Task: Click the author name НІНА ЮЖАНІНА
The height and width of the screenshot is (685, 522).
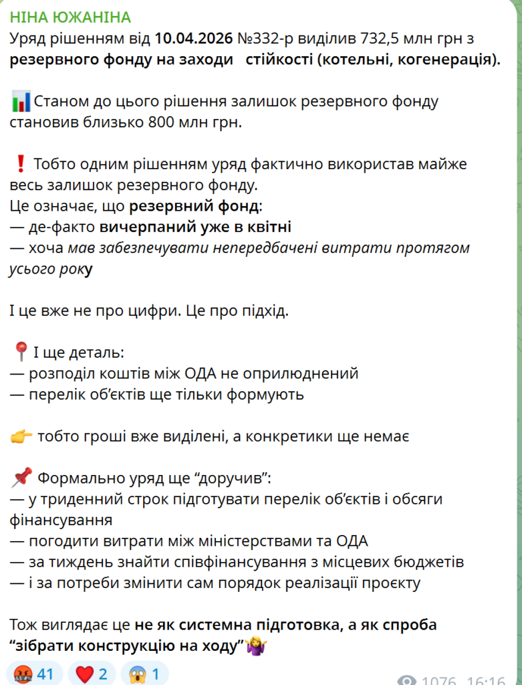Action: point(70,17)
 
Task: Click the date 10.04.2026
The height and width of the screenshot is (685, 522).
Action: point(194,39)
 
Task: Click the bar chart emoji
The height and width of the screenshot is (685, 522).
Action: point(21,102)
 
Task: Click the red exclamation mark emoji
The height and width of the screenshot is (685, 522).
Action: point(20,164)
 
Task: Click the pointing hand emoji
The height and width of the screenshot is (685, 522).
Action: point(21,436)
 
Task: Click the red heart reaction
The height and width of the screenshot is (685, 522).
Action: point(85,674)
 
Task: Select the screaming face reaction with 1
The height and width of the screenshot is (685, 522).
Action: point(138,674)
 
